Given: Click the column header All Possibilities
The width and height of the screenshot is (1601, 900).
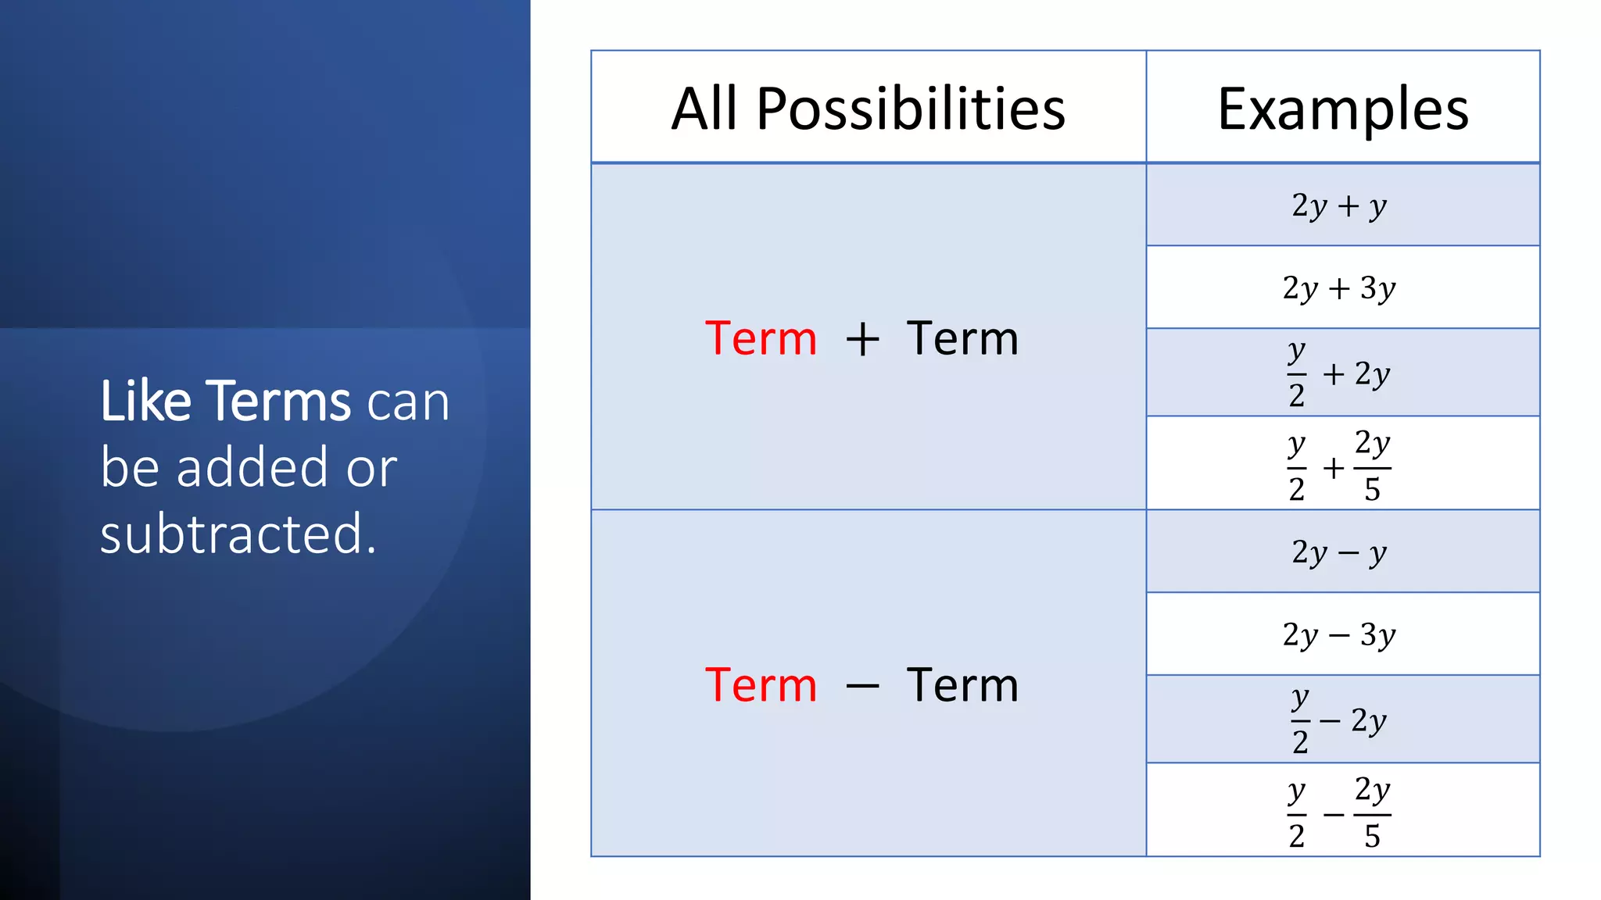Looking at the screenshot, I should click(x=868, y=109).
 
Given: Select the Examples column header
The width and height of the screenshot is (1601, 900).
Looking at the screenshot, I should click(x=1342, y=109).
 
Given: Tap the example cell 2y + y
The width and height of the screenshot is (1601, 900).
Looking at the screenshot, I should click(x=1339, y=205).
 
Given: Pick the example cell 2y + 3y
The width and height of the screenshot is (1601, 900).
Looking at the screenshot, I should click(x=1339, y=287).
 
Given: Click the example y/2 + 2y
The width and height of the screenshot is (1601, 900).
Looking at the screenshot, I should click(x=1339, y=373).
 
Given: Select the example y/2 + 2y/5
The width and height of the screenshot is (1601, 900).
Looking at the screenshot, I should click(x=1339, y=466).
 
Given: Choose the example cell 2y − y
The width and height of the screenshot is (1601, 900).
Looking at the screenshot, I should click(x=1339, y=552).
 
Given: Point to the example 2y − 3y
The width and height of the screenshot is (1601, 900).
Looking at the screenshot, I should click(x=1339, y=634).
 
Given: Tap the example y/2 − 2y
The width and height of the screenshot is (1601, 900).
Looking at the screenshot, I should click(x=1339, y=720).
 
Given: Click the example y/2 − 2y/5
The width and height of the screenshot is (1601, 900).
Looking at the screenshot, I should click(x=1339, y=812).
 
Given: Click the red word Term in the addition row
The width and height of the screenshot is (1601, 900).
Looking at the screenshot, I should click(x=761, y=338).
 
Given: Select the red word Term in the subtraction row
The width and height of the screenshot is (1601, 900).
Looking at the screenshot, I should click(x=761, y=685).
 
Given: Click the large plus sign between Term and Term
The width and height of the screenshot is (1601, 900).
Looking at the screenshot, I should click(x=862, y=340).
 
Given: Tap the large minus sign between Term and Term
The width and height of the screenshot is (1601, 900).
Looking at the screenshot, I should click(x=862, y=687).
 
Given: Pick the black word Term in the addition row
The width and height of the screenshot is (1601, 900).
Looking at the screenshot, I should click(x=962, y=338).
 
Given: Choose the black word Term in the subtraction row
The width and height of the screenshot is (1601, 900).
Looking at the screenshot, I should click(x=962, y=685).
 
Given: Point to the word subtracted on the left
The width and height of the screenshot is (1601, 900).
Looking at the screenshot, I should click(x=238, y=534).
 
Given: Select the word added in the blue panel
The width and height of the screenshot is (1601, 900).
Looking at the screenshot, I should click(x=252, y=467).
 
